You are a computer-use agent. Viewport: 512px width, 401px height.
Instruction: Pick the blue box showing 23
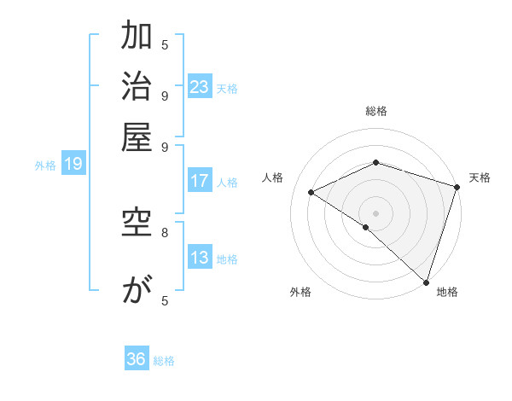[x=200, y=87]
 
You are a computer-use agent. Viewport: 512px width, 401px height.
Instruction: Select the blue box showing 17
[x=200, y=181]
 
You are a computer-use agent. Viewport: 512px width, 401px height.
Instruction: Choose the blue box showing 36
[x=137, y=359]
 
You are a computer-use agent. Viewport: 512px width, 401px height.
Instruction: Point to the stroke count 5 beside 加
[x=164, y=44]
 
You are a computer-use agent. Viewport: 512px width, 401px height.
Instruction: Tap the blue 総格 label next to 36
[x=164, y=361]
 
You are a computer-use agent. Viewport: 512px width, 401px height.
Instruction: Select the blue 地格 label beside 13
[x=227, y=259]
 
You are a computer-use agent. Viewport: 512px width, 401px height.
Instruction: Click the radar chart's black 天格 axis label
[x=480, y=177]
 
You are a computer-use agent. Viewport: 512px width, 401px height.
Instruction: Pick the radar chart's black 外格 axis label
[x=300, y=292]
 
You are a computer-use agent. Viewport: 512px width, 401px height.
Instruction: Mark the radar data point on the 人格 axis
[x=311, y=192]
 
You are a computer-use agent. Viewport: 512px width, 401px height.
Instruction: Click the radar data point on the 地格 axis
[x=426, y=282]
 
